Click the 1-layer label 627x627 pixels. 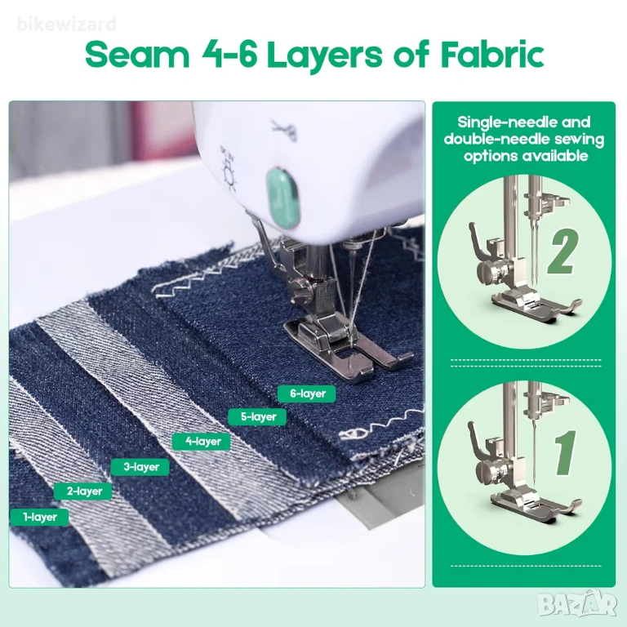(39, 517)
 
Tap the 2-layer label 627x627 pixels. (84, 491)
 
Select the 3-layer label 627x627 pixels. (140, 467)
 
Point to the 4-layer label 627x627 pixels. (202, 442)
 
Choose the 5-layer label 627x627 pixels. (258, 416)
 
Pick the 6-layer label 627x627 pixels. (307, 394)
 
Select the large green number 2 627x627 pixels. (562, 253)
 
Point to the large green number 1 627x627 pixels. (566, 452)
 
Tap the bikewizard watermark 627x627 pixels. (66, 24)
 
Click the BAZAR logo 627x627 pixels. (577, 604)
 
